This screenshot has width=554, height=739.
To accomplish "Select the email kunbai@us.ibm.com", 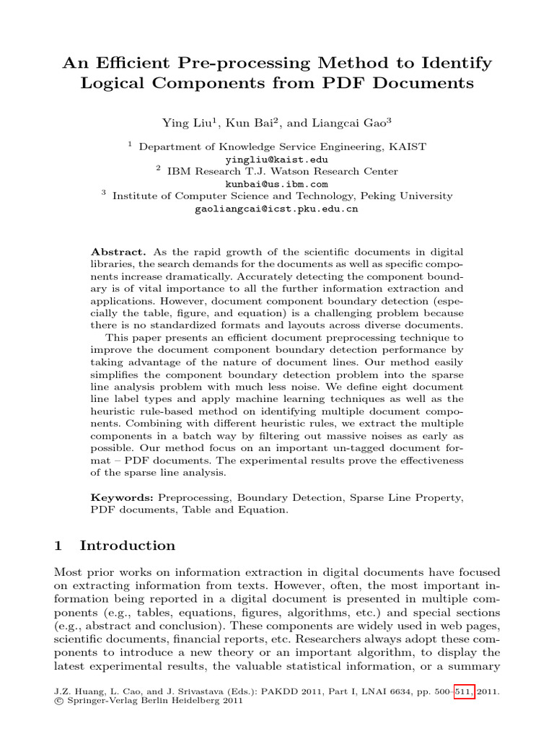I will (x=276, y=183).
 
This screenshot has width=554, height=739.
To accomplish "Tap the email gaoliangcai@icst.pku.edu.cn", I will (x=276, y=209).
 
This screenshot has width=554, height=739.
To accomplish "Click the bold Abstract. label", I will (x=118, y=252).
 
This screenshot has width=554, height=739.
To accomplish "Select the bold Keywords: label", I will (x=122, y=498).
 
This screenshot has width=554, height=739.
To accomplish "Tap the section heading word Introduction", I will (x=128, y=546).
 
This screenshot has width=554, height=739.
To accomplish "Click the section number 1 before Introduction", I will (x=58, y=546).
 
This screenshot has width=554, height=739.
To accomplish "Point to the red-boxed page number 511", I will (x=464, y=691).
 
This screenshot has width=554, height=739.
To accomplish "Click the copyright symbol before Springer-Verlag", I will (x=58, y=701).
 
